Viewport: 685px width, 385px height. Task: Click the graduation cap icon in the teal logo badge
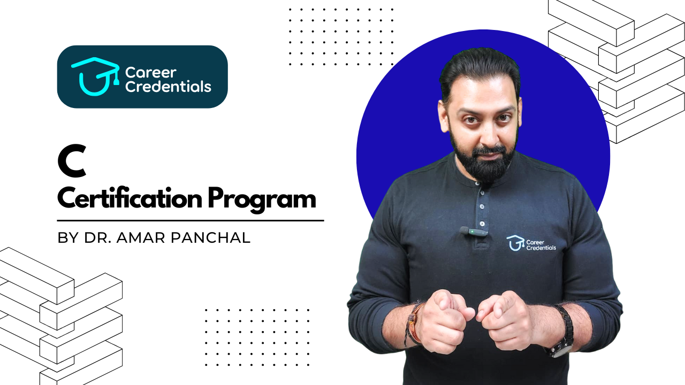tap(95, 76)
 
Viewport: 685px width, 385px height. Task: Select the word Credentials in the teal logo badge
tap(168, 87)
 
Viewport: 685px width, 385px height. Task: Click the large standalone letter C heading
tap(72, 164)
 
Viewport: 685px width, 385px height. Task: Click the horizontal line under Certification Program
tap(191, 220)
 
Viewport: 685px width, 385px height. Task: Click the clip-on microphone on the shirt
tap(474, 232)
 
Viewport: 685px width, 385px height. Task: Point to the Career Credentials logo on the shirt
tap(531, 243)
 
